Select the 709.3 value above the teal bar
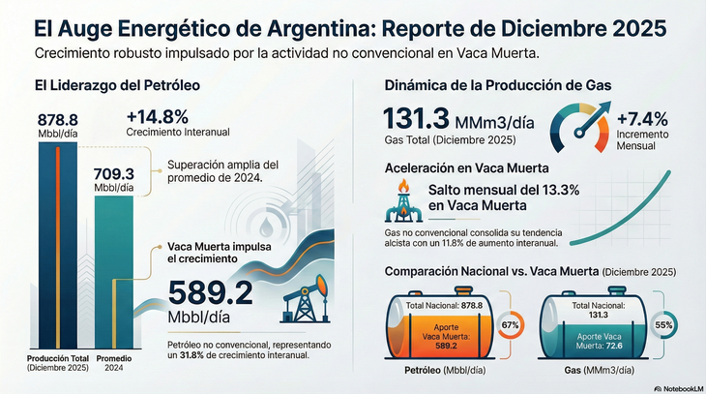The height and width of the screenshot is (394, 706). coord(113,174)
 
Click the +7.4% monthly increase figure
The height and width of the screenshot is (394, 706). coord(641,119)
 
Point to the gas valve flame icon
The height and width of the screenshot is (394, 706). coord(400,200)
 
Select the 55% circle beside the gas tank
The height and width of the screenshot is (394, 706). coord(664,326)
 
